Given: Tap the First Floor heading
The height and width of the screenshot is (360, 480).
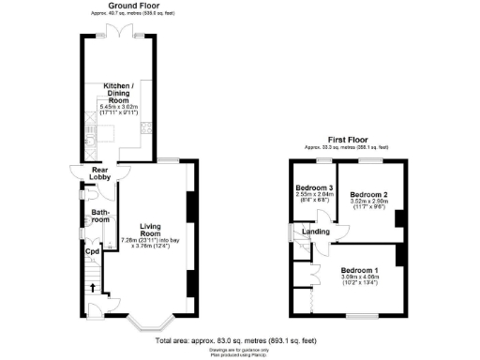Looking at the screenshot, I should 346,140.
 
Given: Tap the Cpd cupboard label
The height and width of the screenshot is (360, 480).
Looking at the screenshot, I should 92,251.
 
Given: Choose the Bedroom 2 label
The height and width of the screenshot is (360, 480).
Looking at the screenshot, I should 368,195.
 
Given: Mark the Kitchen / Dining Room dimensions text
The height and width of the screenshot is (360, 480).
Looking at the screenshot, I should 119,111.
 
